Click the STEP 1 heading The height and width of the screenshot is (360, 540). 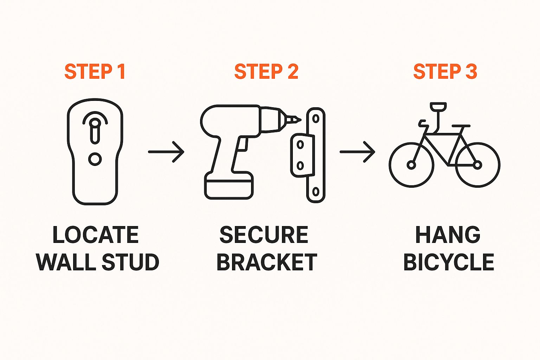coord(95,71)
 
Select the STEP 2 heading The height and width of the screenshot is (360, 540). coord(266,71)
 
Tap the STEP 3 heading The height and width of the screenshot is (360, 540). coord(445,71)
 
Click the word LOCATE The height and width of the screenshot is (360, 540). coord(96,234)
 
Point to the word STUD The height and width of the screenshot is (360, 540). coord(130,262)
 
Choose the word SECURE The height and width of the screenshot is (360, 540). coord(264,234)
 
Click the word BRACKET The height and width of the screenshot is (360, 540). coord(266,262)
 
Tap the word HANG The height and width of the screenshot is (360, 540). coord(448,234)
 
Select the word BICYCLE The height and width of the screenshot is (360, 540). coord(449,262)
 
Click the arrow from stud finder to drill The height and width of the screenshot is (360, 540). coord(166,152)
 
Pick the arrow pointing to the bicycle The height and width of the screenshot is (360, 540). coord(357,152)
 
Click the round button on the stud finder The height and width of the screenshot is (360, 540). coord(95,159)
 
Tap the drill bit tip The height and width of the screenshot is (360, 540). coord(300,120)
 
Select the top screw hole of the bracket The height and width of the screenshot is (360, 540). coord(316,118)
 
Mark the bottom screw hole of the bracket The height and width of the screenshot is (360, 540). coord(316,192)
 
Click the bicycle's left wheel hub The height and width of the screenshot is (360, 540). coord(411,165)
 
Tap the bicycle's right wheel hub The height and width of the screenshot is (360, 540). coord(477,165)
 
